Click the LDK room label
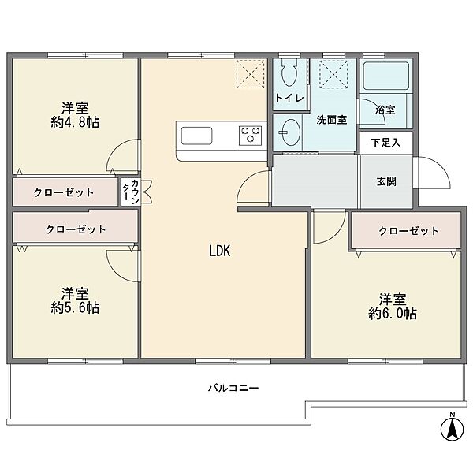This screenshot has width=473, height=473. pyautogui.click(x=219, y=251)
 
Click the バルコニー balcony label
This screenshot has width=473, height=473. pyautogui.click(x=233, y=388)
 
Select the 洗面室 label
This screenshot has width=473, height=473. pyautogui.click(x=331, y=121)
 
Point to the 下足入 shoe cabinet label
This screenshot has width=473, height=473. pyautogui.click(x=385, y=142)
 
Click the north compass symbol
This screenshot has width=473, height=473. pyautogui.click(x=452, y=430)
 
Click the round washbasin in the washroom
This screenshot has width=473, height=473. pyautogui.click(x=289, y=130)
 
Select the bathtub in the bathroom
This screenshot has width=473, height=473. pyautogui.click(x=383, y=77)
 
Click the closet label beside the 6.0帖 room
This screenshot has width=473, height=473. pyautogui.click(x=408, y=231)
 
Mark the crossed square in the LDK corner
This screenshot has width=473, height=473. pyautogui.click(x=253, y=75)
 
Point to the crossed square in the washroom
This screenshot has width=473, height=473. pyautogui.click(x=333, y=76)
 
